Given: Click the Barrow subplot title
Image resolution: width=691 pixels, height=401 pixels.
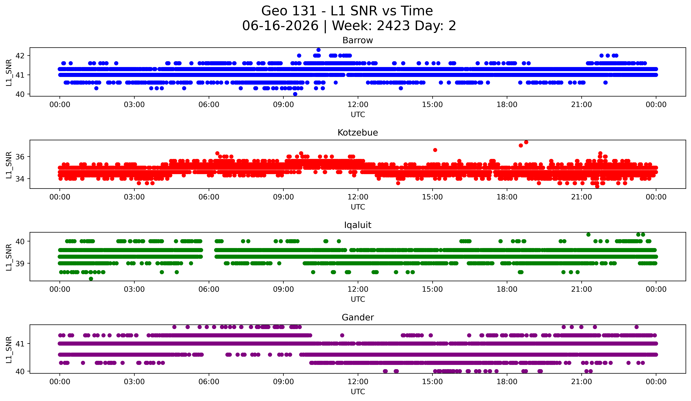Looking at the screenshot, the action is [x=358, y=40].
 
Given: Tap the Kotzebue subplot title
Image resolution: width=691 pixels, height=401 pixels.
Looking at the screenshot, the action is [x=358, y=133].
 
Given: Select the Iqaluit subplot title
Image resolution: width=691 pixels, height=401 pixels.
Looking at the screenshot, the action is [x=358, y=225].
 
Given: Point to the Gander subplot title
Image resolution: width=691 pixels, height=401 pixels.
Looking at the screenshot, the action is [x=358, y=317].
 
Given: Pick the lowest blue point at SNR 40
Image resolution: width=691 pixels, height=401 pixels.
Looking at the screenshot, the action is [x=295, y=94].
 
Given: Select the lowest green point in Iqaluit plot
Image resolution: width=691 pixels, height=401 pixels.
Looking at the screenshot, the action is [x=91, y=279].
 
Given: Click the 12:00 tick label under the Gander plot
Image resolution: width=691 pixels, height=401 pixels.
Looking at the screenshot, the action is [x=358, y=382].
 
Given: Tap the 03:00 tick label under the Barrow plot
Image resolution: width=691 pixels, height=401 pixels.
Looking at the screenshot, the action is [x=134, y=104].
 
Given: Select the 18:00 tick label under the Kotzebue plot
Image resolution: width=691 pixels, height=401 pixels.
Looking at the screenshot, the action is [x=507, y=197].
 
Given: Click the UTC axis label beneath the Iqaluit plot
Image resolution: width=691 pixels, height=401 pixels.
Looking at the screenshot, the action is [x=358, y=299].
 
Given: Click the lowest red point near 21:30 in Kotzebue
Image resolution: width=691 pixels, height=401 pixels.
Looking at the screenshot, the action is [x=597, y=186].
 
